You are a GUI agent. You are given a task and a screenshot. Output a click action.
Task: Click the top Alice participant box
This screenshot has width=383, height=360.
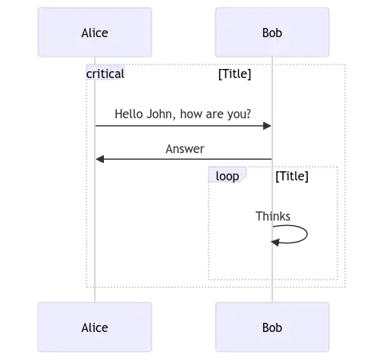(x=95, y=33)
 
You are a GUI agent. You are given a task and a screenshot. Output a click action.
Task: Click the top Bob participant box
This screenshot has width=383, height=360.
(x=272, y=33)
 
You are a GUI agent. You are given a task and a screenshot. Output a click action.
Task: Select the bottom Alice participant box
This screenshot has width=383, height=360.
(x=95, y=327)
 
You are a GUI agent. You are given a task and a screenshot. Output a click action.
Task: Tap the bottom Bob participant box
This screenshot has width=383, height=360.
(x=272, y=327)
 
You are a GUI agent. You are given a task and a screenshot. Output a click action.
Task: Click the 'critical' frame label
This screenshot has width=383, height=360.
(x=105, y=74)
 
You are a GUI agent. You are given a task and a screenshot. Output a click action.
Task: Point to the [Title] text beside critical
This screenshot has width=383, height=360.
(x=235, y=74)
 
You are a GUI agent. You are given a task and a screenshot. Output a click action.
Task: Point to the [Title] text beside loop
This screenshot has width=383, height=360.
(x=292, y=176)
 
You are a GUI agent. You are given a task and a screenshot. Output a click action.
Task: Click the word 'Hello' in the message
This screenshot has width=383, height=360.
(x=129, y=114)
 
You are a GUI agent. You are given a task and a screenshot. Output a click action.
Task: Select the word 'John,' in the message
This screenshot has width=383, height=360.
(x=161, y=114)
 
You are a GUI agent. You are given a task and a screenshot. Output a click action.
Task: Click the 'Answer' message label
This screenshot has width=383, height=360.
(x=185, y=149)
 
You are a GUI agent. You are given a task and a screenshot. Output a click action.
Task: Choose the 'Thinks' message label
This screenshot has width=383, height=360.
(x=273, y=216)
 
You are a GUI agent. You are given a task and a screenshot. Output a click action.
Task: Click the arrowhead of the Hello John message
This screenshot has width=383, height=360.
(x=267, y=126)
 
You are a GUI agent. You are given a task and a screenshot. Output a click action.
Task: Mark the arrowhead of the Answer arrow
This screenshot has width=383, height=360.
(x=100, y=159)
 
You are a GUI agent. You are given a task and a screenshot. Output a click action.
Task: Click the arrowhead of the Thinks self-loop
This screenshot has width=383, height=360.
(x=275, y=243)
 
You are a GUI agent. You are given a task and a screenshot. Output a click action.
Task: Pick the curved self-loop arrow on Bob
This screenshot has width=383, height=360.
(x=307, y=234)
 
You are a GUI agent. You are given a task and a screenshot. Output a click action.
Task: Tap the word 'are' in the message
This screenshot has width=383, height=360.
(x=215, y=114)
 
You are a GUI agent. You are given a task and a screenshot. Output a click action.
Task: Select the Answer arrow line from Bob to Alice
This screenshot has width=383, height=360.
(x=184, y=159)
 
